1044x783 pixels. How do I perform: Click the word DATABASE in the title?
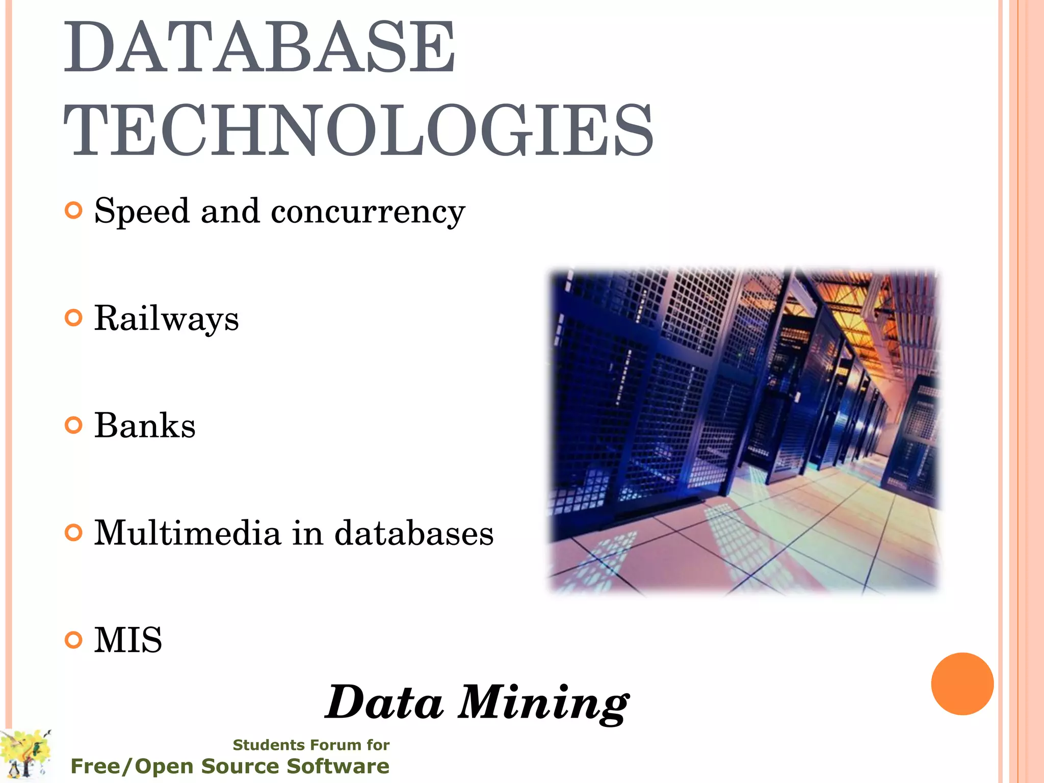(259, 47)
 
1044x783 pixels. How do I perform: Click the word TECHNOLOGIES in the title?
(358, 130)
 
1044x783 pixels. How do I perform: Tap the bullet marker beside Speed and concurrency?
(74, 211)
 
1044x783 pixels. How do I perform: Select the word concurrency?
(368, 212)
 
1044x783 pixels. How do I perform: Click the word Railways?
(166, 319)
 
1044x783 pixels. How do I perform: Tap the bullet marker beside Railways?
(74, 318)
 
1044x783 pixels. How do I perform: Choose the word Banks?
(145, 426)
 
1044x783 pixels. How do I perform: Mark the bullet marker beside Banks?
(74, 426)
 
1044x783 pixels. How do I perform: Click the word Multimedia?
(187, 533)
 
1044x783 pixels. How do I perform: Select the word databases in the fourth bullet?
(414, 533)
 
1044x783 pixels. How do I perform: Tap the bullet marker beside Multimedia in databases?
(74, 533)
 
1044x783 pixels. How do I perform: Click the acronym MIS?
(128, 640)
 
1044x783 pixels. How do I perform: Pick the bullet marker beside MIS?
(74, 640)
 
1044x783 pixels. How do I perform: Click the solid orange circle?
(962, 684)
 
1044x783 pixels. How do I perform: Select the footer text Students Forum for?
(311, 745)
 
